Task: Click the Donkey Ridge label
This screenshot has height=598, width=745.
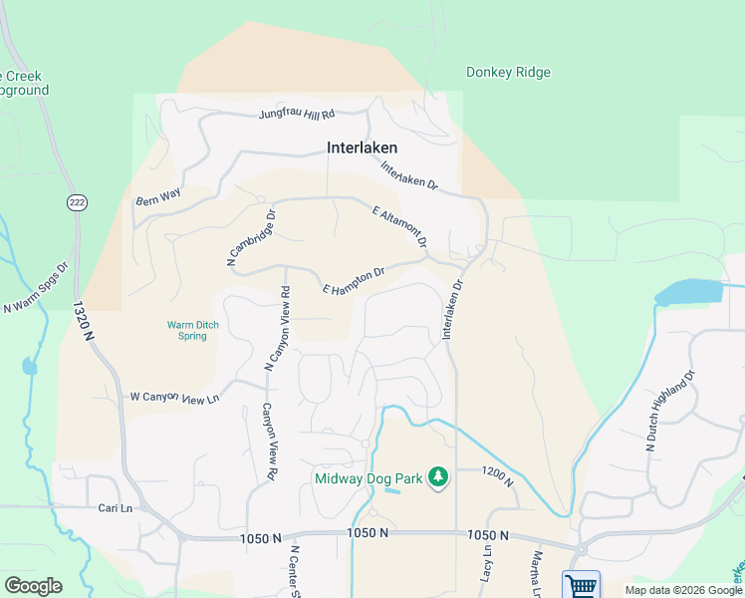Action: (x=508, y=73)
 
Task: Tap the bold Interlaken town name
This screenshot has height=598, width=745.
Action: (x=363, y=148)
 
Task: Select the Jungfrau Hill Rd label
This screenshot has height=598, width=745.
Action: (x=297, y=115)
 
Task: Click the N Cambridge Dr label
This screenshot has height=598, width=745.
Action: (x=251, y=237)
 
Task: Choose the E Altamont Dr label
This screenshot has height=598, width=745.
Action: (x=399, y=227)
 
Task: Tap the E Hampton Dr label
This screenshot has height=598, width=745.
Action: (x=354, y=281)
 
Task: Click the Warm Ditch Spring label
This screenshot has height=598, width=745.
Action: (x=186, y=330)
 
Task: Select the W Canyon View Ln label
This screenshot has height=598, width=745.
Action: (x=174, y=398)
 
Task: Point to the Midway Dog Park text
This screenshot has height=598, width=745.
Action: (x=368, y=478)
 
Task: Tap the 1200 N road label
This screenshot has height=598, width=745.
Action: (x=496, y=475)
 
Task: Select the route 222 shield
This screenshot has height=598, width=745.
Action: (x=77, y=202)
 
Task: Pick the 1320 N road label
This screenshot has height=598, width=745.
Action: (x=82, y=325)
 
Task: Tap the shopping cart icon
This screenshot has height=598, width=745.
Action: (x=582, y=585)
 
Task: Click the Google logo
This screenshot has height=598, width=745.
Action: (x=33, y=586)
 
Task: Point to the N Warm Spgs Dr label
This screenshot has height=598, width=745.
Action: (x=35, y=290)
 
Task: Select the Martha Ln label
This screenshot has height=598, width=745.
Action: (x=539, y=568)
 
